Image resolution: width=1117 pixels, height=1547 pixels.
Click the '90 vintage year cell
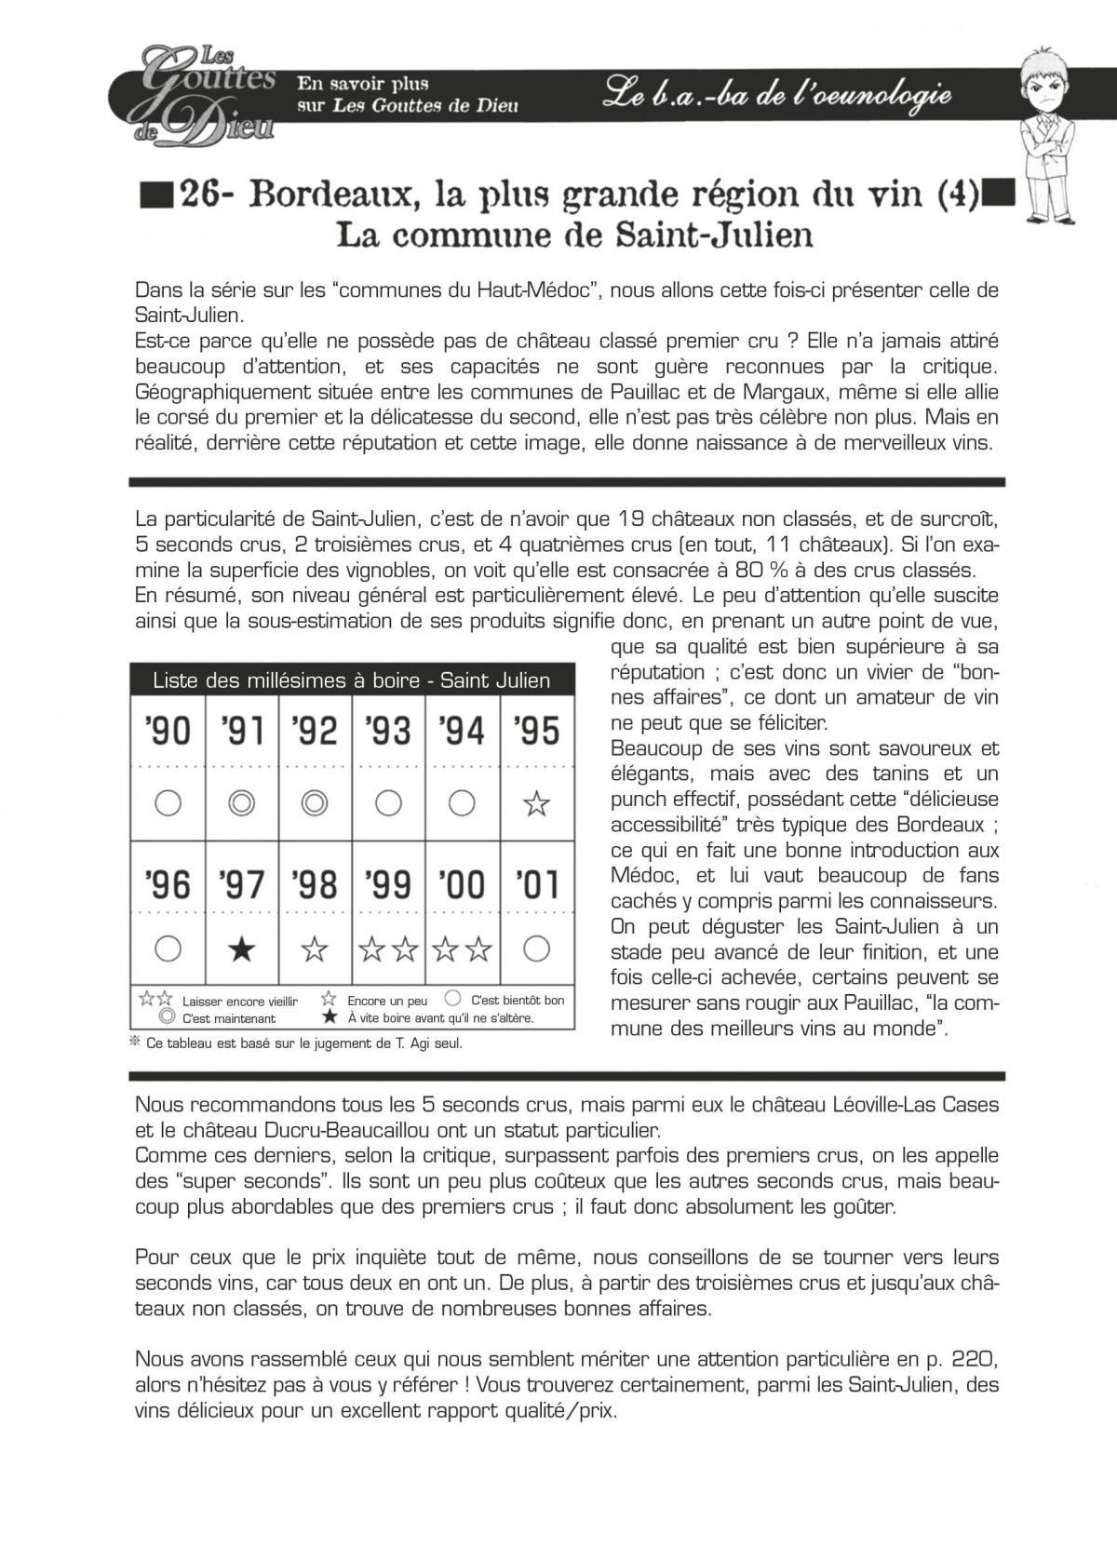[168, 730]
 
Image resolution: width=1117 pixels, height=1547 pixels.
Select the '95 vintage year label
[536, 730]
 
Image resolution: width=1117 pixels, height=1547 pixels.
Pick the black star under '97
[241, 948]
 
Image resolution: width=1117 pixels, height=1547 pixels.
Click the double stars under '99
[389, 948]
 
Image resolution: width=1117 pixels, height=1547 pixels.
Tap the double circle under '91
[241, 802]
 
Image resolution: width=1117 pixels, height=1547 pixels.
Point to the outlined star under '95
[536, 802]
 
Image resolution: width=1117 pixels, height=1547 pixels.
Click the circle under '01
[536, 948]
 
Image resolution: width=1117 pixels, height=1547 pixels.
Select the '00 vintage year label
[463, 883]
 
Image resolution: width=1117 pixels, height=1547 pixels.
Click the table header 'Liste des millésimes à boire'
[351, 680]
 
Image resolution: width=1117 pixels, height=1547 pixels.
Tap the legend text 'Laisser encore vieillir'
[240, 1002]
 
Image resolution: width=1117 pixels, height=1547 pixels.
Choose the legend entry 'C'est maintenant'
[229, 1018]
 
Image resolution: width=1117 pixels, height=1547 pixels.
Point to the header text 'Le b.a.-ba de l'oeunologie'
[777, 93]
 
